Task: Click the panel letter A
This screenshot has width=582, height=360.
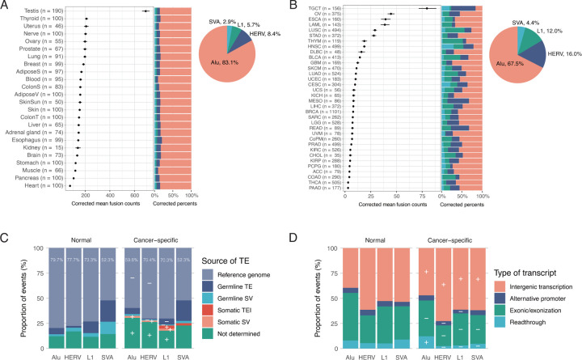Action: [x=6, y=6]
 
